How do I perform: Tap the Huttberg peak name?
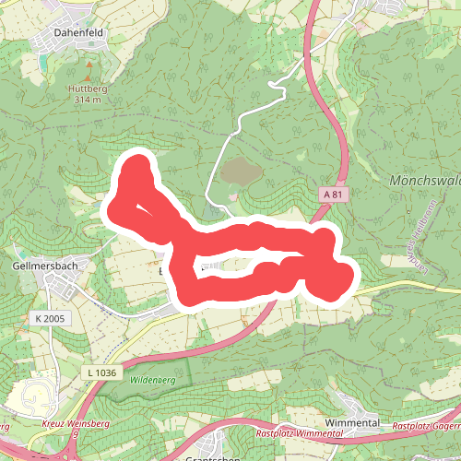click(89, 89)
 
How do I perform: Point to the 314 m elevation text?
click(89, 100)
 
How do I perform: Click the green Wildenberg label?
click(152, 380)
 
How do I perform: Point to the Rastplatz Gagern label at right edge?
click(426, 426)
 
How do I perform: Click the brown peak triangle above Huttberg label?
click(89, 67)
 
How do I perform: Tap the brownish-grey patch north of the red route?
click(239, 171)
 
